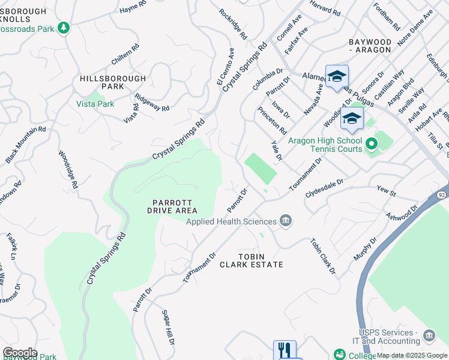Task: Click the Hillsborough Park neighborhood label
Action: (x=113, y=83)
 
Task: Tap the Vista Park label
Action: (x=95, y=103)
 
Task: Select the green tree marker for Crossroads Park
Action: (x=63, y=28)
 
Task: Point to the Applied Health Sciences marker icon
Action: (x=286, y=221)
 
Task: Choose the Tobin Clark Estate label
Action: (x=251, y=260)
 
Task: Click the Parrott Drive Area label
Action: (x=172, y=206)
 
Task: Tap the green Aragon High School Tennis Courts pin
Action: (x=371, y=144)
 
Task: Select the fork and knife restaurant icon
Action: (x=285, y=350)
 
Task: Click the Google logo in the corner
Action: (x=20, y=353)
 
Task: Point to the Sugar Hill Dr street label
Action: (x=168, y=328)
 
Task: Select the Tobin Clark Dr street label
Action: (x=323, y=257)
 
